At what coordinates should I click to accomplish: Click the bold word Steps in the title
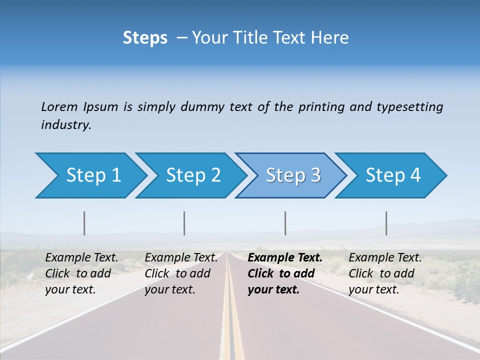[x=145, y=38]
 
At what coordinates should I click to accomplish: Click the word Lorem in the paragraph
[x=59, y=106]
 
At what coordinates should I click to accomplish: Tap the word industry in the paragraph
[x=66, y=125]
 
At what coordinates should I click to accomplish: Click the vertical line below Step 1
[x=84, y=223]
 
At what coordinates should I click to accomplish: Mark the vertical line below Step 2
[x=184, y=223]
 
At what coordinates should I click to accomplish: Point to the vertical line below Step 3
[x=285, y=223]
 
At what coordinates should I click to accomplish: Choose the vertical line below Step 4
[x=386, y=223]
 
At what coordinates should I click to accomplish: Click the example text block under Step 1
[x=81, y=273]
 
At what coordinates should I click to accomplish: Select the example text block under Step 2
[x=181, y=273]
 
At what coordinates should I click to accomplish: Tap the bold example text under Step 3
[x=285, y=273]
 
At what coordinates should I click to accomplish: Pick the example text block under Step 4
[x=385, y=273]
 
